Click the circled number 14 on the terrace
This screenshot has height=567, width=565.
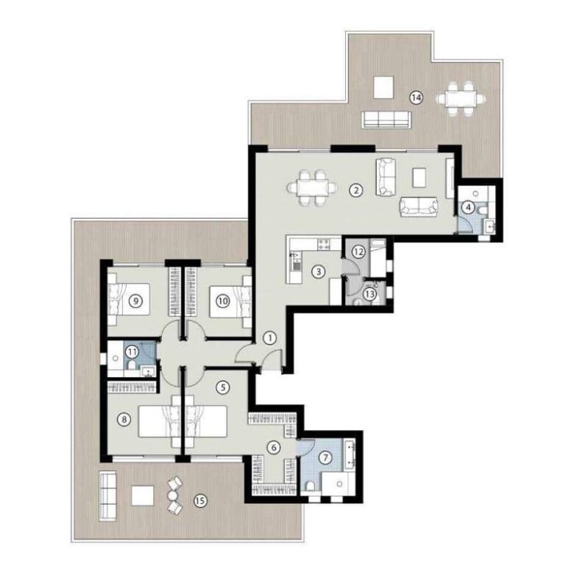pos(416,97)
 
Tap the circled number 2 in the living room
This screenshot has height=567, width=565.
pos(355,191)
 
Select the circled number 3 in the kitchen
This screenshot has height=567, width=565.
pos(318,271)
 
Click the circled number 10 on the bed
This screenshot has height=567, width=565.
pos(222,300)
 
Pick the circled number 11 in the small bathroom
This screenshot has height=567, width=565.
pos(131,352)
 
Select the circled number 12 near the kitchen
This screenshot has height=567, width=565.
pos(358,251)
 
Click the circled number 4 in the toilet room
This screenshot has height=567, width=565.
pos(468,208)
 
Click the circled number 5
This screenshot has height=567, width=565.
pos(224,385)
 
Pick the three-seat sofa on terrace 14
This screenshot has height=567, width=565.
pos(385,118)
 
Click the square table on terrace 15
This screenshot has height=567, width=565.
pos(143,496)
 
